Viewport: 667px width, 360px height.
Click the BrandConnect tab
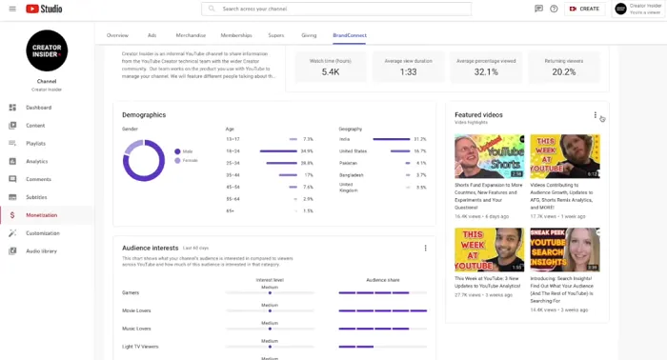(x=349, y=34)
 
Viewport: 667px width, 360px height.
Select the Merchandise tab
(x=191, y=34)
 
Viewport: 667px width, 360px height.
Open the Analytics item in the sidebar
(x=36, y=161)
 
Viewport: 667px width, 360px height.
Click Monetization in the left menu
(x=41, y=215)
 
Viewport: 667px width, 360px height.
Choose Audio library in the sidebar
(x=41, y=250)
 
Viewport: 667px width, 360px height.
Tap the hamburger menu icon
(x=12, y=9)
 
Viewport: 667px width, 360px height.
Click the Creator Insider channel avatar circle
(x=47, y=50)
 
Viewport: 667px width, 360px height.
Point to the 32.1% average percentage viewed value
(x=486, y=71)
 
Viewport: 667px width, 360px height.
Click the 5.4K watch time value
(x=331, y=71)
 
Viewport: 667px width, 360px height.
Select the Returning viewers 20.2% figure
(x=563, y=71)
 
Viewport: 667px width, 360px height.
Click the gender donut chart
(x=143, y=160)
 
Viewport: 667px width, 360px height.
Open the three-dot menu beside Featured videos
(x=596, y=115)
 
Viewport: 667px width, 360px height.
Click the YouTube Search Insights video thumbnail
(x=564, y=250)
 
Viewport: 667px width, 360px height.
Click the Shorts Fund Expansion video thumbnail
(x=489, y=156)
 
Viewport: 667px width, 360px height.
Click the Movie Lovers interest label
(x=136, y=310)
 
